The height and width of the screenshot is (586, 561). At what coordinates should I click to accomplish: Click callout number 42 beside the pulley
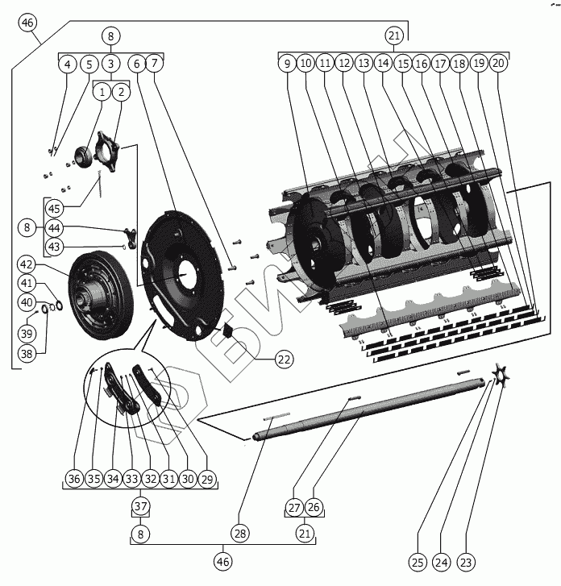[x=27, y=264]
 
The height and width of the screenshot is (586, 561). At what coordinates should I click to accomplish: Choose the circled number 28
[x=241, y=534]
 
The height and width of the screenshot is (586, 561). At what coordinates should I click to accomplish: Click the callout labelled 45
[x=54, y=208]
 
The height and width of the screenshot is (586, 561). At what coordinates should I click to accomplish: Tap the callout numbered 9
[x=287, y=64]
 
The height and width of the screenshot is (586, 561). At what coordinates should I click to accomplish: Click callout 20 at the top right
[x=499, y=64]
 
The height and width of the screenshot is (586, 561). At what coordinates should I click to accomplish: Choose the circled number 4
[x=68, y=64]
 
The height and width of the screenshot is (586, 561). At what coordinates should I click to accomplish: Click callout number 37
[x=141, y=507]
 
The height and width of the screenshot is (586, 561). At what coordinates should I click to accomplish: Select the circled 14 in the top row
[x=383, y=64]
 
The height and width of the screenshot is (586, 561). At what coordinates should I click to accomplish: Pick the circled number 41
[x=27, y=283]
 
